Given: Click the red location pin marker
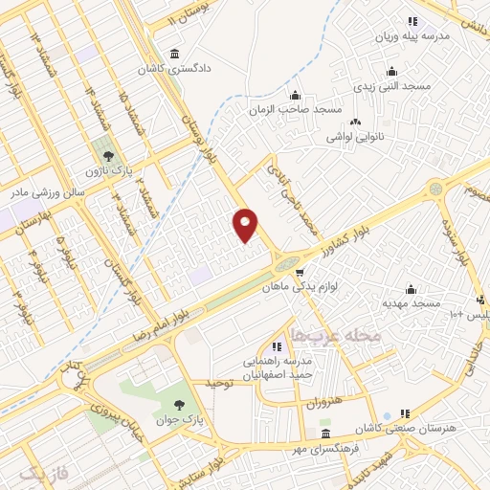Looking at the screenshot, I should click(246, 225).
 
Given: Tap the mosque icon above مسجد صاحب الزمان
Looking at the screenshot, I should click(296, 94).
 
